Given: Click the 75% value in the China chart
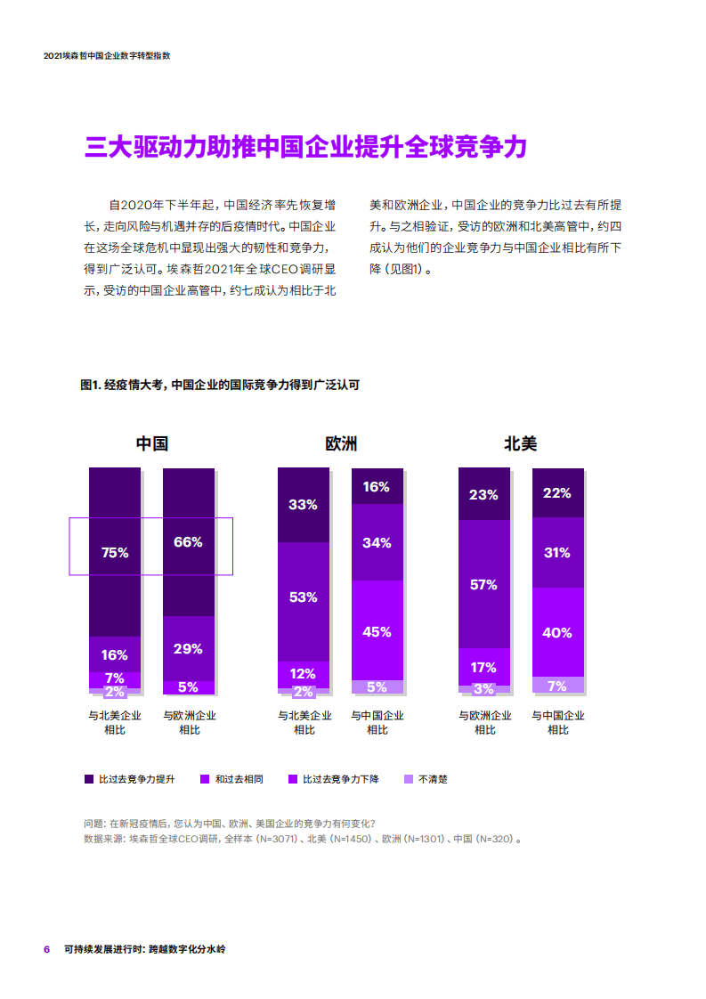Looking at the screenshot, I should (115, 552).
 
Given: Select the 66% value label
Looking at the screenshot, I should (188, 541).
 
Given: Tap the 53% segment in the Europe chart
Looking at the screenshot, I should (304, 597).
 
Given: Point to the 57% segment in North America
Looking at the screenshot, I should (483, 584).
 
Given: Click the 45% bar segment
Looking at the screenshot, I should (377, 631).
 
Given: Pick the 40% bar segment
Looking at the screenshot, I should (557, 632).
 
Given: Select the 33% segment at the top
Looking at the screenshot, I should (304, 504).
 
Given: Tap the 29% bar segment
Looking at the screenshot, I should (188, 648).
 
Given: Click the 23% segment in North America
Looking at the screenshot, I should (483, 494).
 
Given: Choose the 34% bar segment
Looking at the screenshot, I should (377, 542).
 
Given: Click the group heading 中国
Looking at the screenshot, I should (151, 443).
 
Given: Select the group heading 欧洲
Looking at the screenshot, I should (340, 443).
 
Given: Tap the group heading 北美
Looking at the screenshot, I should (520, 443).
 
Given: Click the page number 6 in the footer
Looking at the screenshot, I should (47, 949).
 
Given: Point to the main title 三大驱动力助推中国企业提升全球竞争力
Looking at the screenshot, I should (305, 148).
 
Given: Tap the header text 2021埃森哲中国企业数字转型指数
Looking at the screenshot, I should (107, 55).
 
